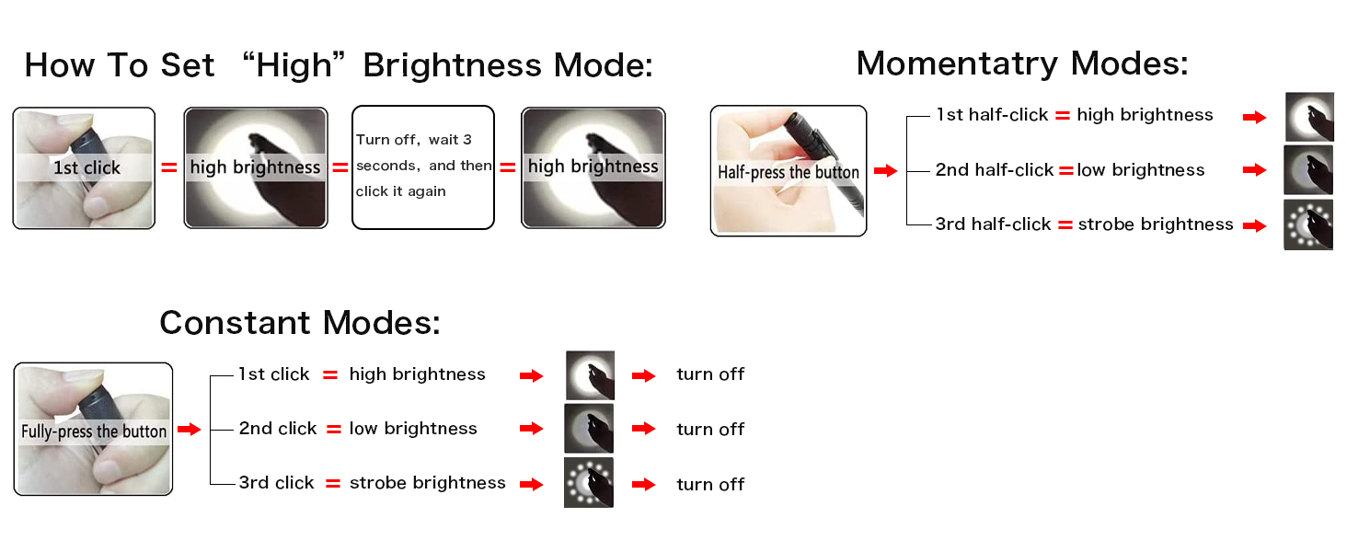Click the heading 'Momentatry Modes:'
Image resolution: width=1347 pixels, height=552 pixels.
pos(1021,63)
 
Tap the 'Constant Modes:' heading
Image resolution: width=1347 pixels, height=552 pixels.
pos(300,323)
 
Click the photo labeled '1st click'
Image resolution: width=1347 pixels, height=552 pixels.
pos(84,167)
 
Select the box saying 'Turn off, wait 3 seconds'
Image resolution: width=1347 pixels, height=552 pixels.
pos(423,167)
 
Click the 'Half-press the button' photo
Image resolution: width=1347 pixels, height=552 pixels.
pos(789,171)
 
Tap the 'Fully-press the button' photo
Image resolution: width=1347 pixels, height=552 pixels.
pos(93,430)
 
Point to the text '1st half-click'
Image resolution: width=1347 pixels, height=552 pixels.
pos(992,115)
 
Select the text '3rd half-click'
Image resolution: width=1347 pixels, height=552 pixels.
pos(993,224)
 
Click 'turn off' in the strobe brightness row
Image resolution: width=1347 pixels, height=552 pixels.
pos(710,484)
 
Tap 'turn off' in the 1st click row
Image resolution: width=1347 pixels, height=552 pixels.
pos(710,374)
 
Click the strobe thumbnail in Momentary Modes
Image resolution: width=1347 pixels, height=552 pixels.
pos(1307,225)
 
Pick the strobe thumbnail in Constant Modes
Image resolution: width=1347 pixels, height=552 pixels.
pos(589,483)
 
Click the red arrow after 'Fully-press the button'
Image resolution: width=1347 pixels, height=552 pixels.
pos(189,430)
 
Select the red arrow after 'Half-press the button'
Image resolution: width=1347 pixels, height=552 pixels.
pos(884,171)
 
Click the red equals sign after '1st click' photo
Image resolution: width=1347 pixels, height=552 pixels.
pos(168,167)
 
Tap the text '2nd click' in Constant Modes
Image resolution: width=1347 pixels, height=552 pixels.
pos(278,429)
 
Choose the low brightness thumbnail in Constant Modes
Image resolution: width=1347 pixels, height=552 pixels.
pos(589,429)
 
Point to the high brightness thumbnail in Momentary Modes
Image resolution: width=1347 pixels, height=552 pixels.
pos(1308,117)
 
